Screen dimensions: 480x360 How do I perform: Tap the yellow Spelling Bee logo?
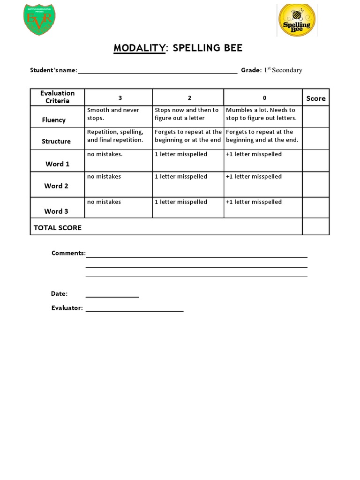click(296, 21)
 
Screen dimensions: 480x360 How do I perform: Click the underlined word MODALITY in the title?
click(139, 49)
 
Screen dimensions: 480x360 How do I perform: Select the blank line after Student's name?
click(157, 71)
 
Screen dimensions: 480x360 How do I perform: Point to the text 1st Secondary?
click(283, 70)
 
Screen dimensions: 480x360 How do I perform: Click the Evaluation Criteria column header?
click(57, 97)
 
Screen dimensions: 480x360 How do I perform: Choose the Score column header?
click(315, 98)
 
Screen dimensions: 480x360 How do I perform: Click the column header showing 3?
click(120, 98)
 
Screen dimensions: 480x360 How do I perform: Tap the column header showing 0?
click(264, 98)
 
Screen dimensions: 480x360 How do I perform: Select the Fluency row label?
click(54, 120)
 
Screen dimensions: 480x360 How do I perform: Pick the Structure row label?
click(56, 141)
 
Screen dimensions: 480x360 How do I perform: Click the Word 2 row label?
click(56, 186)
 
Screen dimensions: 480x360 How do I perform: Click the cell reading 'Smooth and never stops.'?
click(118, 114)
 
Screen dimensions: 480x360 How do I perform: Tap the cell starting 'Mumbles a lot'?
click(262, 114)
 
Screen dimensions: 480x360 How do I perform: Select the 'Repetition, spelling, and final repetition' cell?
click(118, 136)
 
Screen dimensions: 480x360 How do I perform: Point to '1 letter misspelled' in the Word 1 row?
click(181, 154)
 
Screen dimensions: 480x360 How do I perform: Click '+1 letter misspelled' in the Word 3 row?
click(254, 202)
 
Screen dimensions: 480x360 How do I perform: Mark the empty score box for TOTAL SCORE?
click(315, 227)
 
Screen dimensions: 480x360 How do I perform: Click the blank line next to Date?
click(112, 295)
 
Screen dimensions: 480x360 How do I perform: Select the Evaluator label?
click(67, 308)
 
